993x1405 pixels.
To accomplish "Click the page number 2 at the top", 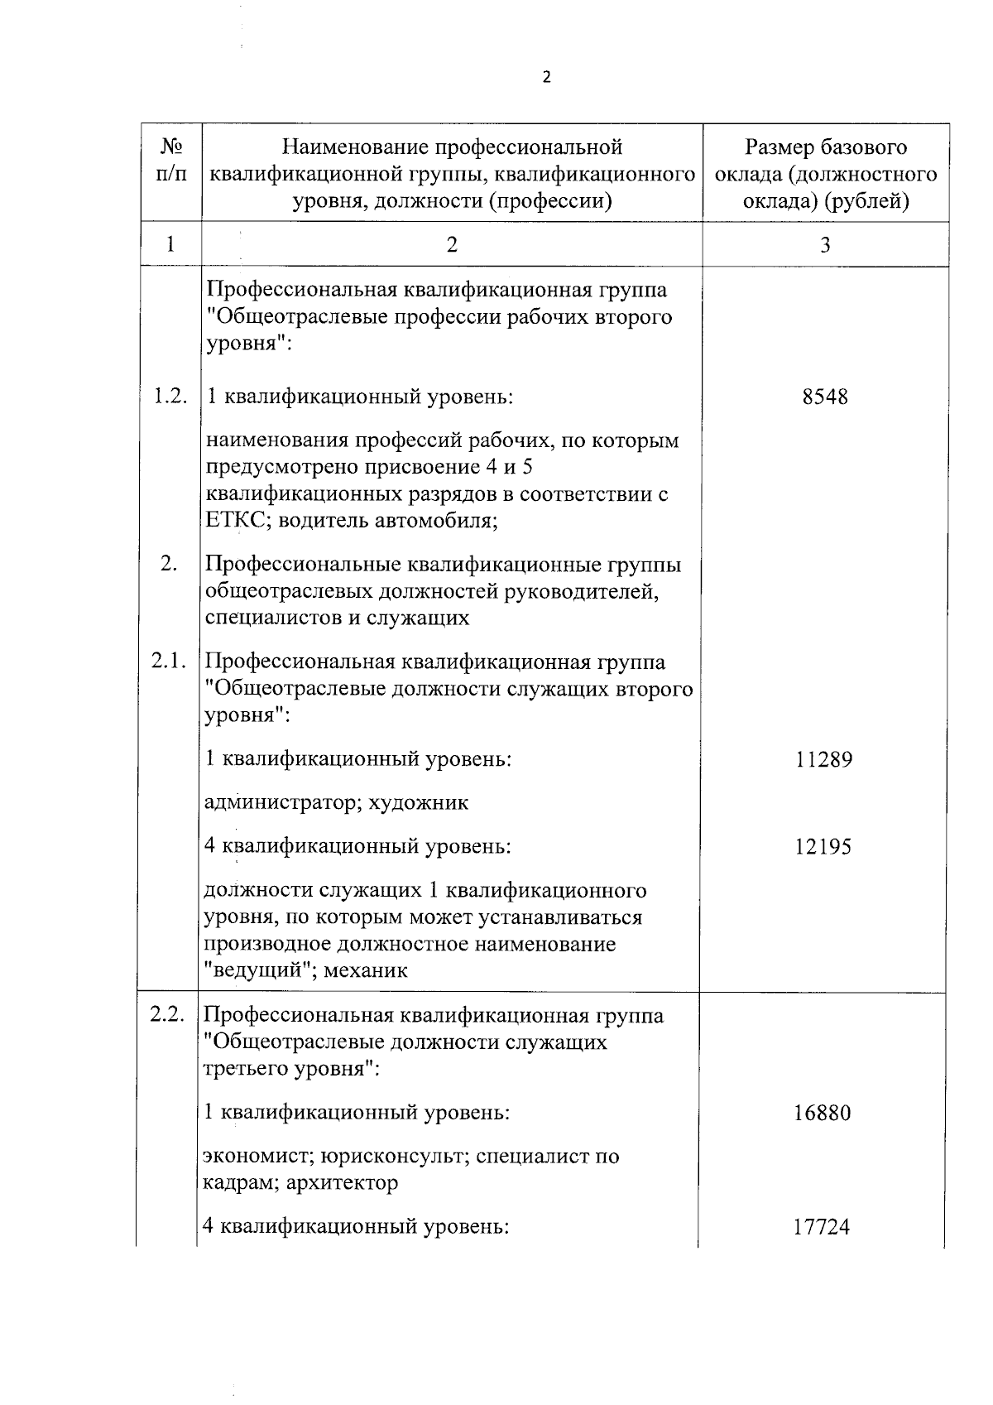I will pyautogui.click(x=545, y=78).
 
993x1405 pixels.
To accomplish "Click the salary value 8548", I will pyautogui.click(x=825, y=397).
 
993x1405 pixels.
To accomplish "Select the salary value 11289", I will pyautogui.click(x=824, y=759).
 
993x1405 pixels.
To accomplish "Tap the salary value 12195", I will pyautogui.click(x=823, y=847).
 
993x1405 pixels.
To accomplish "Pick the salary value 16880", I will pyautogui.click(x=823, y=1113).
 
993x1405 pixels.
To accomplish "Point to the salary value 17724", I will pyautogui.click(x=822, y=1228).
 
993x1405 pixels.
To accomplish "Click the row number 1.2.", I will pyautogui.click(x=170, y=397).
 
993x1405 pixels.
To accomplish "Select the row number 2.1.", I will pyautogui.click(x=170, y=662).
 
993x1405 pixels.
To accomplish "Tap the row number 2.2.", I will pyautogui.click(x=169, y=1015).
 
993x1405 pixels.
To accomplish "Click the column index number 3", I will pyautogui.click(x=825, y=244).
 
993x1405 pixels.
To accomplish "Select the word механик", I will pyautogui.click(x=366, y=971).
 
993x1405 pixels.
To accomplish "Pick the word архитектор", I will pyautogui.click(x=343, y=1183).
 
